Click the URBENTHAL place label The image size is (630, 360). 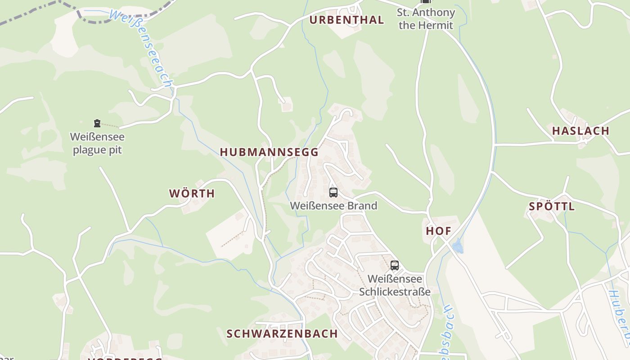tap(346, 20)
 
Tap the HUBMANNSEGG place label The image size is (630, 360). tap(269, 152)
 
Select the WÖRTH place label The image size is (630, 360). tap(192, 193)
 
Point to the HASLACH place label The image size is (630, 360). tap(580, 131)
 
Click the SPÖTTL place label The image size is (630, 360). tap(552, 207)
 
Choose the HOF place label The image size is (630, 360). tap(438, 231)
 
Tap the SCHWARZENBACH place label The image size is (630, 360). tap(282, 333)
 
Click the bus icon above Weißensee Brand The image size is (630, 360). tap(333, 193)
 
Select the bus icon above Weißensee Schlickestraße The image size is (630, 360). tap(395, 265)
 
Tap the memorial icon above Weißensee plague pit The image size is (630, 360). tap(97, 123)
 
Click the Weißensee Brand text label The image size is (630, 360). tap(333, 206)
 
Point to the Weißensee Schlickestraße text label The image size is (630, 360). tap(395, 285)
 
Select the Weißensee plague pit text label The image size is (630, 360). tap(97, 143)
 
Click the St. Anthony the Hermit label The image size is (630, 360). tap(426, 19)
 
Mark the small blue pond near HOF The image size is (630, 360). tap(458, 246)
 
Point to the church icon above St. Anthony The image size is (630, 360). tap(426, 1)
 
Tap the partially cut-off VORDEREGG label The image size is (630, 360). tap(125, 359)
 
